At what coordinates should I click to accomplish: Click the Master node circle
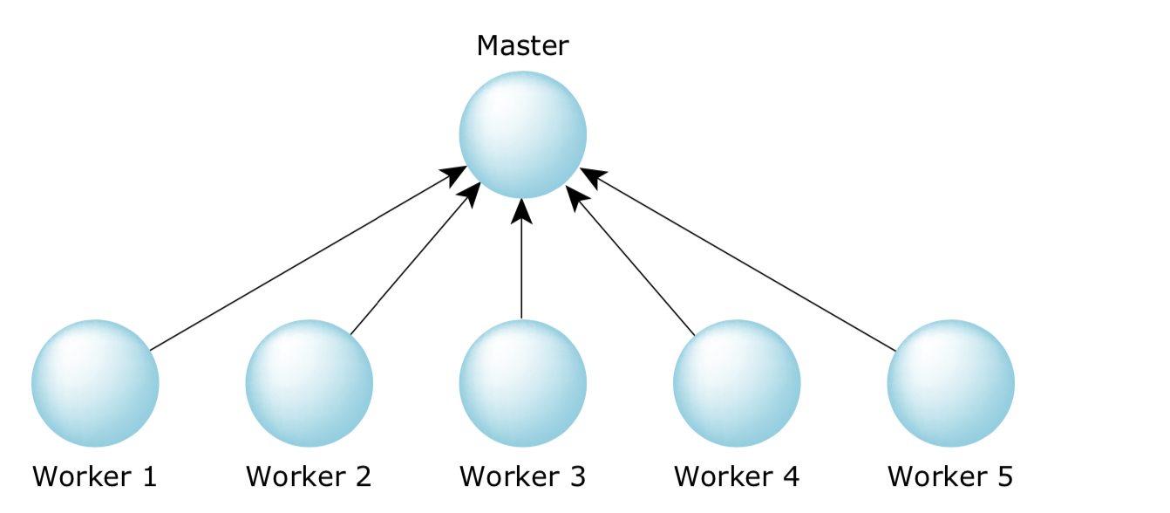pyautogui.click(x=522, y=135)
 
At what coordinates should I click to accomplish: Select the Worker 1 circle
pyautogui.click(x=95, y=383)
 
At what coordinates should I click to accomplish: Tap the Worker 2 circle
pyautogui.click(x=309, y=383)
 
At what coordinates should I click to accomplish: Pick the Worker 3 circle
pyautogui.click(x=522, y=383)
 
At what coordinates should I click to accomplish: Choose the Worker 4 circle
pyautogui.click(x=737, y=383)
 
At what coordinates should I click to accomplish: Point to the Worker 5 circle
pyautogui.click(x=950, y=383)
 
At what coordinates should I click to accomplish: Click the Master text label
pyautogui.click(x=522, y=45)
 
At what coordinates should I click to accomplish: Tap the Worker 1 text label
pyautogui.click(x=95, y=476)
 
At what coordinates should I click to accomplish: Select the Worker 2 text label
pyautogui.click(x=309, y=476)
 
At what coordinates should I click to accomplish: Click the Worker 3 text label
pyautogui.click(x=522, y=476)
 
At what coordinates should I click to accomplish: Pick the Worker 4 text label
pyautogui.click(x=737, y=476)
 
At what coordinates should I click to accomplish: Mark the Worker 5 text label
pyautogui.click(x=950, y=476)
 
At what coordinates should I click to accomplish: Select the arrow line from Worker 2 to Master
pyautogui.click(x=410, y=264)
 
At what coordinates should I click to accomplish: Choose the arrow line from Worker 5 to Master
pyautogui.click(x=741, y=261)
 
